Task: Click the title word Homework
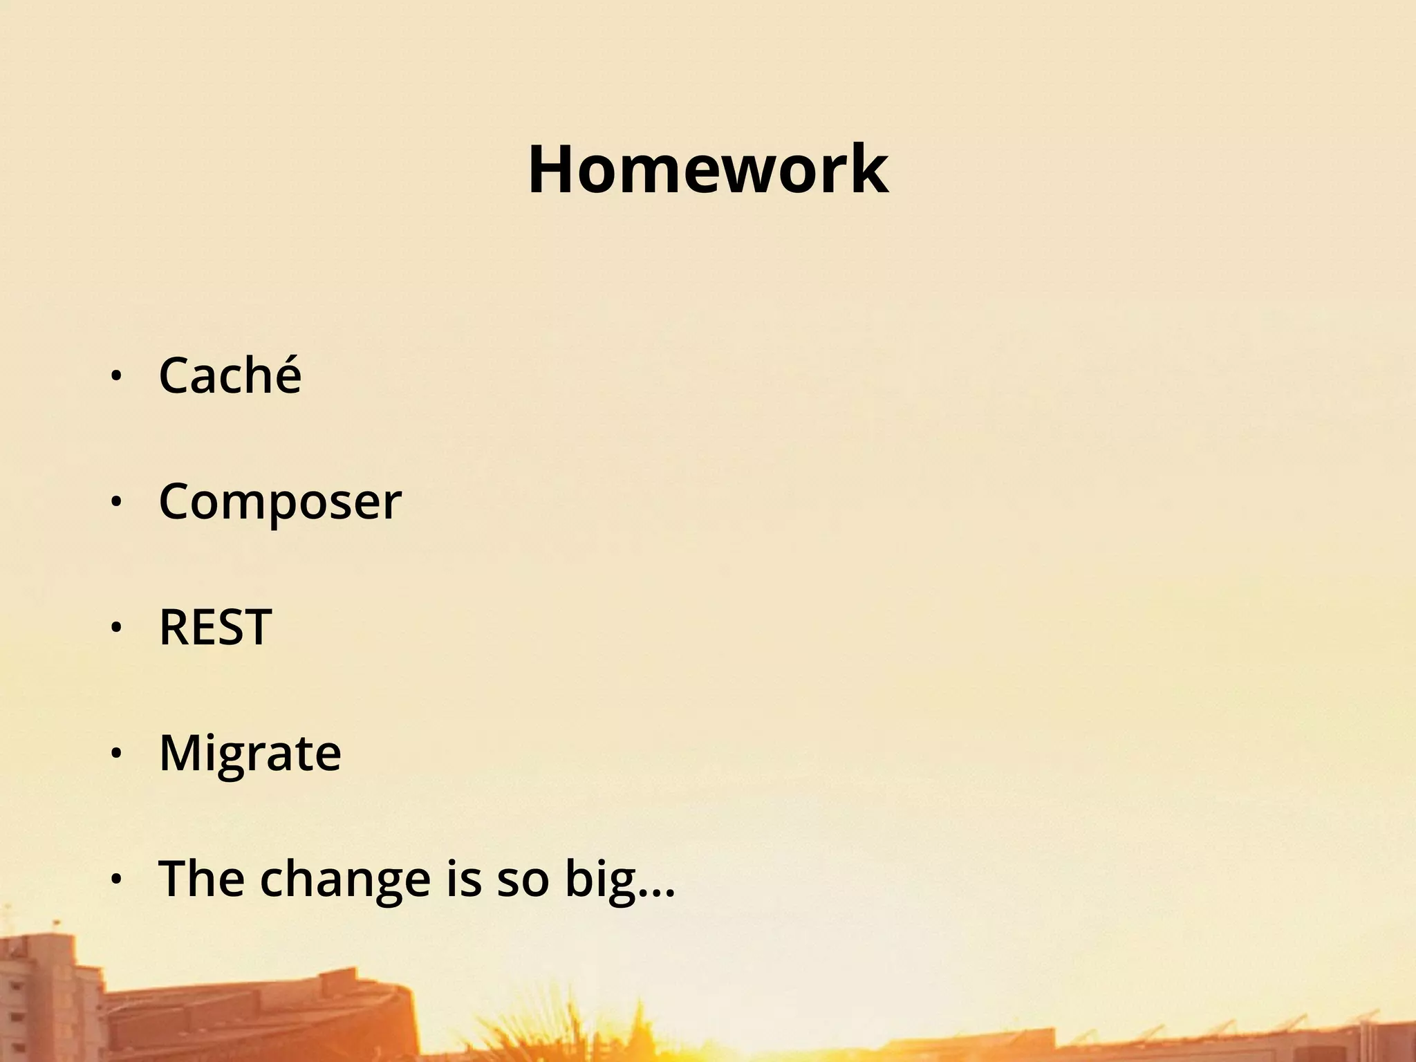(x=708, y=170)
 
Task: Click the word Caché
(x=230, y=375)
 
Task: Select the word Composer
(x=280, y=501)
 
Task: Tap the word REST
(x=215, y=627)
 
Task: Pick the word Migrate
(x=250, y=753)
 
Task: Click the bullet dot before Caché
(x=116, y=376)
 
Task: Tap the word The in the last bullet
(x=201, y=878)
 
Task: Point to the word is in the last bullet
(x=463, y=878)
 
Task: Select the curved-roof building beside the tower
(x=263, y=1016)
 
